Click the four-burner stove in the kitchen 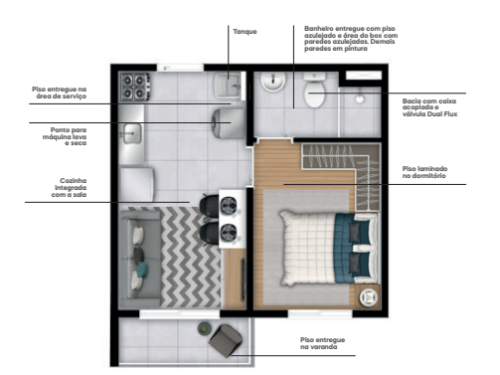[133, 88]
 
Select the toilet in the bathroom [315, 96]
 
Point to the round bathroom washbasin [269, 87]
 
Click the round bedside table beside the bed [368, 295]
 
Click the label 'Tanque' [245, 31]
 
